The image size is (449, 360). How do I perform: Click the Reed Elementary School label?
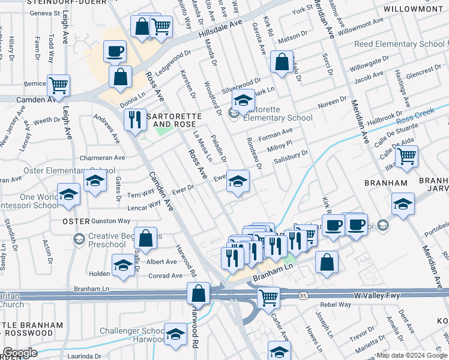point(399,44)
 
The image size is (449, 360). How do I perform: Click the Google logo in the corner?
point(20,353)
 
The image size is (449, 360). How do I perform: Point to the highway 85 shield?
point(303,295)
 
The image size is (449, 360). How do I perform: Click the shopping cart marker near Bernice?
point(58,85)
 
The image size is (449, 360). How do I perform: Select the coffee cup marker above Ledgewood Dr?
point(114,51)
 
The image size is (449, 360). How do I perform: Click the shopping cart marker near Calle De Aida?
point(407,156)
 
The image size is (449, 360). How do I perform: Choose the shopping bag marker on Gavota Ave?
point(282,61)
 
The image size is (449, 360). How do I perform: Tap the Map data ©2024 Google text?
point(411,355)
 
